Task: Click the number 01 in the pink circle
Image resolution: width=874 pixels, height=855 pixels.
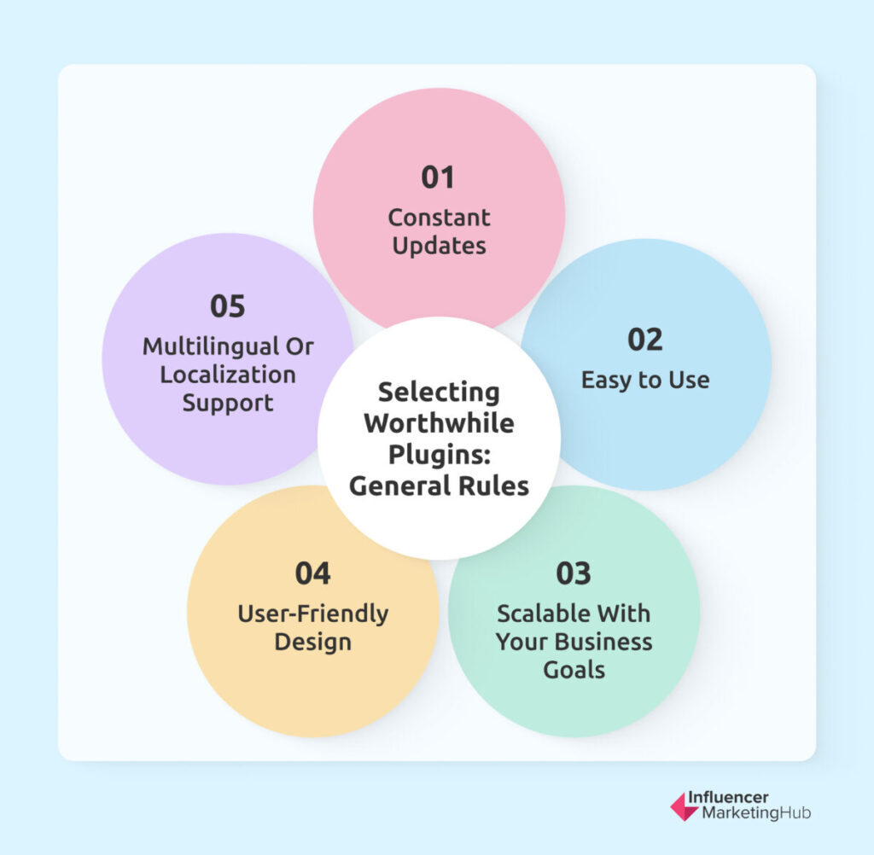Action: coord(438,177)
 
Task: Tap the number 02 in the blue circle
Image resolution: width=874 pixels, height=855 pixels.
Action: coord(645,340)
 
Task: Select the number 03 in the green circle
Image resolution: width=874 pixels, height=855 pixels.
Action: coord(573,573)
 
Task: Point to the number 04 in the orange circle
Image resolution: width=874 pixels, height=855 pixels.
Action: coord(312,573)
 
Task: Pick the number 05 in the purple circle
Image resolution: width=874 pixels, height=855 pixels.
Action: coord(227,306)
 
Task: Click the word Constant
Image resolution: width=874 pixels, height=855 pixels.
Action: coord(440,218)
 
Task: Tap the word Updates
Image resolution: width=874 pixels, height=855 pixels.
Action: coord(440,246)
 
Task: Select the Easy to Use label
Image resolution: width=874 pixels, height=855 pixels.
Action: coord(645,380)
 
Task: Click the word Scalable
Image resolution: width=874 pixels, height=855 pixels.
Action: coord(538,614)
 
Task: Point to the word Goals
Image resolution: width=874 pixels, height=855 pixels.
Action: coord(574,670)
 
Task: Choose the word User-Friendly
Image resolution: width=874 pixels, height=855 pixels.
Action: coord(312,614)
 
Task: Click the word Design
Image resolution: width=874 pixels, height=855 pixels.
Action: coord(312,643)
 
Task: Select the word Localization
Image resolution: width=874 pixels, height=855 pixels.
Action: coord(228,375)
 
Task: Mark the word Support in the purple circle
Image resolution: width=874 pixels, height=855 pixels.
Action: coord(228,404)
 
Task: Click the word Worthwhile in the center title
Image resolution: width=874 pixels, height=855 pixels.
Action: coord(440,423)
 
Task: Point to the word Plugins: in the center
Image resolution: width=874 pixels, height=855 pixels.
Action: coord(440,455)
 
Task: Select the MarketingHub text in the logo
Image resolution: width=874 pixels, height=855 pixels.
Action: coord(756,813)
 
